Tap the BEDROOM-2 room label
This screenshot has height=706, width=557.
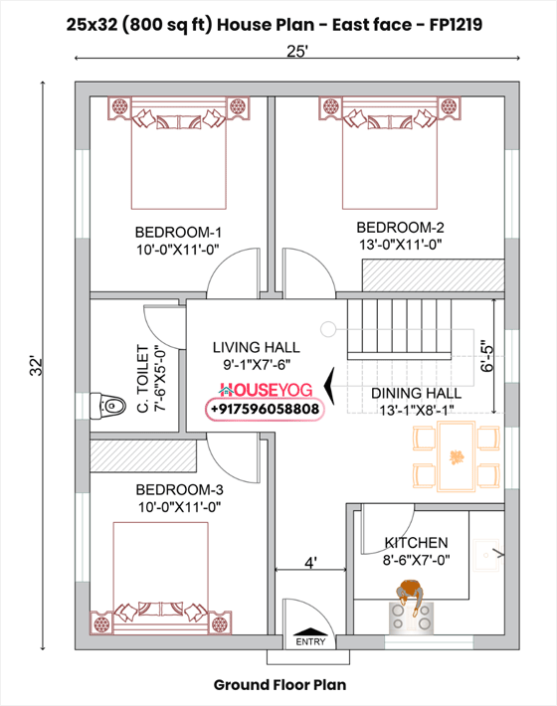pos(399,226)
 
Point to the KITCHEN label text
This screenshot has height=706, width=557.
pos(416,543)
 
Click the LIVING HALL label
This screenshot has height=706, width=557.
pos(256,347)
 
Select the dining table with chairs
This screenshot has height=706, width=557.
pos(457,456)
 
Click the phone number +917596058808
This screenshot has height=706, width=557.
pos(265,409)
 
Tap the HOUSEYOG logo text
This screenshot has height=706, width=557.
pos(265,391)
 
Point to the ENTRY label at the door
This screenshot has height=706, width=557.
pos(310,641)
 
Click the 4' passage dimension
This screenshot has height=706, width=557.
pos(310,563)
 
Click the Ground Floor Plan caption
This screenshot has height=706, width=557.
pos(280,684)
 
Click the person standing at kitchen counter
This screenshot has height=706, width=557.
pos(408,602)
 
